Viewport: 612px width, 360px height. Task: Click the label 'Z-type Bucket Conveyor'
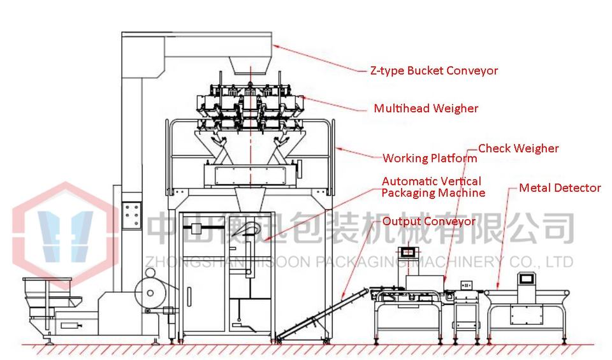coord(433,71)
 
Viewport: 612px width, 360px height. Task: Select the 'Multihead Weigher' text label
coord(426,108)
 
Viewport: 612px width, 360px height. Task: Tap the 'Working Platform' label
coord(430,158)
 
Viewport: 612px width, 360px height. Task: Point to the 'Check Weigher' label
coord(518,148)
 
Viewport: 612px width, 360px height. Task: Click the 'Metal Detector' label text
coord(559,188)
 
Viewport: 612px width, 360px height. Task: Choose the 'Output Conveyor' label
coord(428,222)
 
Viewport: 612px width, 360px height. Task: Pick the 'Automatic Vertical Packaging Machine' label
coord(433,187)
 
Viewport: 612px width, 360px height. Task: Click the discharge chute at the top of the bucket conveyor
coord(250,63)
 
